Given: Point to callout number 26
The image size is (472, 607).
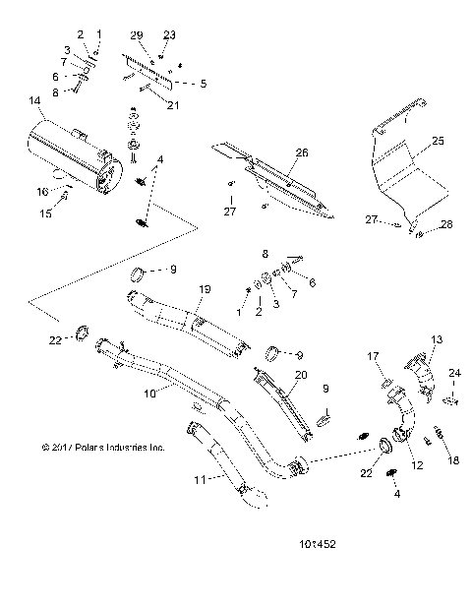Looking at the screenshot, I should click(x=302, y=152).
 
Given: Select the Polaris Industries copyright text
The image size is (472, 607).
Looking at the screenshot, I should click(x=103, y=446).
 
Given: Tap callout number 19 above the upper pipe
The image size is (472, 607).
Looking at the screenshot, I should click(x=206, y=289).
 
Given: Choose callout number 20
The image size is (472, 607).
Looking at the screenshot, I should click(x=301, y=375).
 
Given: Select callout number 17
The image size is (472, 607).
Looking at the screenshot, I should click(x=385, y=356).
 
